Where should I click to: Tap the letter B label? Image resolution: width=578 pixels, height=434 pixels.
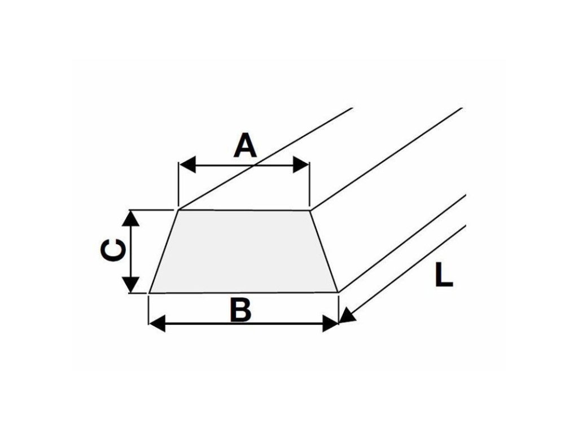pos(241,311)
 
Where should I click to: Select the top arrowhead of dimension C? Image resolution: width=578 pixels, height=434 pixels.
pos(131,218)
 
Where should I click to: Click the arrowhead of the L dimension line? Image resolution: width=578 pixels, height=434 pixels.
pos(347,316)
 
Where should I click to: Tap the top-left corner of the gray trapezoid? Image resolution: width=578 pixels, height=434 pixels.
pos(178,210)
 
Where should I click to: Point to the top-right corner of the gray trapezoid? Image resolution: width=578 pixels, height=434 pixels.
pos(310,211)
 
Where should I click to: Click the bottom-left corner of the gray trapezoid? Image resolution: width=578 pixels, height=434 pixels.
pos(149,293)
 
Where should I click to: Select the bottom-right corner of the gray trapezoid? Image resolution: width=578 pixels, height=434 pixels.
pos(338,292)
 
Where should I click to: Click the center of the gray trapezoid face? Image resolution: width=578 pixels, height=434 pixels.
pos(244,251)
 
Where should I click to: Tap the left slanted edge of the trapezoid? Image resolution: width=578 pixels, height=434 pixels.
pos(164,251)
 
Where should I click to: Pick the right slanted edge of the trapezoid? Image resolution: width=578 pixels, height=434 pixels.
pos(324,251)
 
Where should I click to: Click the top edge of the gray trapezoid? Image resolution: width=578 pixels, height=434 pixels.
pos(244,210)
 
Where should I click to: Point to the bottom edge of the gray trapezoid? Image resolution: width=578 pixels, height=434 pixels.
pos(244,293)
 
